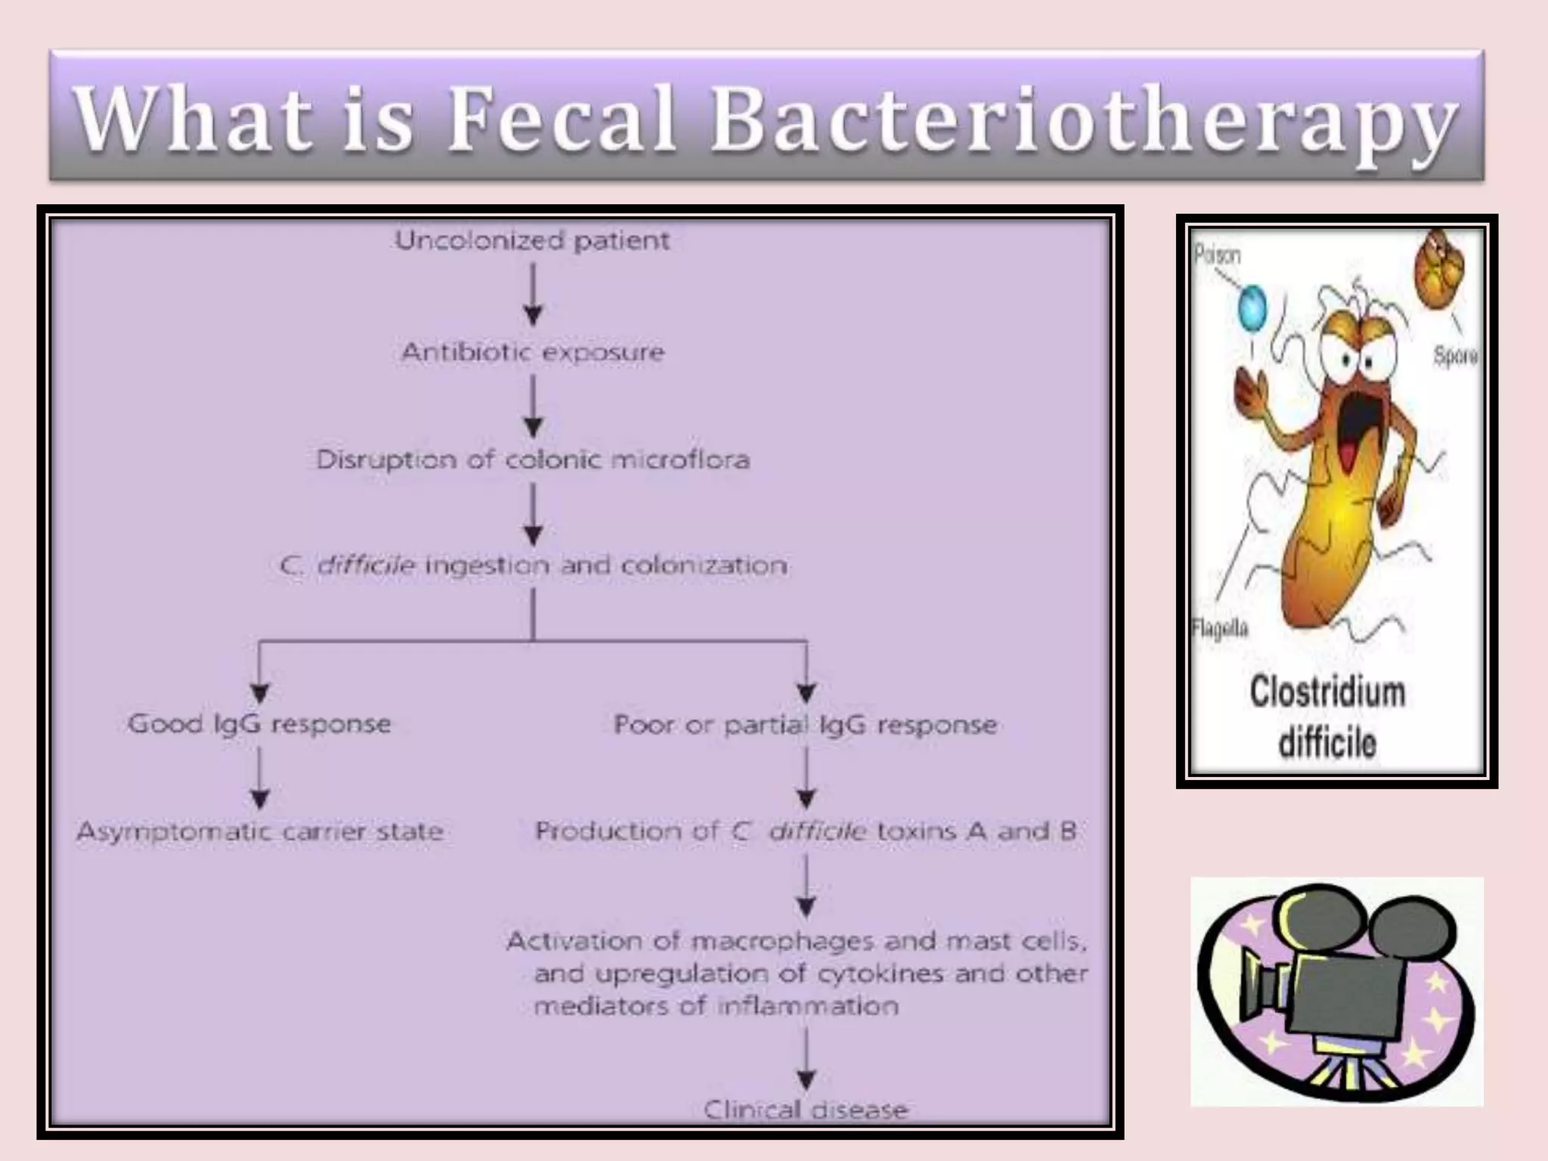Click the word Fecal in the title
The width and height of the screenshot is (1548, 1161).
(561, 119)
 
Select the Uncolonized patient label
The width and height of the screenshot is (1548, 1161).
(533, 240)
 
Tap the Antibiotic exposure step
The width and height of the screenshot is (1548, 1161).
(533, 351)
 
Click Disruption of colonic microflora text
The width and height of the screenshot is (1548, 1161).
(533, 460)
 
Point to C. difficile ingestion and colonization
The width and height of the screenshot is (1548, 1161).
(533, 565)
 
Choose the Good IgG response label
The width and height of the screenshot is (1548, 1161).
(259, 723)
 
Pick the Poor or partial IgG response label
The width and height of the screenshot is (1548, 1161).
(806, 725)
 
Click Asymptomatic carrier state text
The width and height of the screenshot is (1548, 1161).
(259, 831)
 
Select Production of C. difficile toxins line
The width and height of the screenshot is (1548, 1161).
(806, 831)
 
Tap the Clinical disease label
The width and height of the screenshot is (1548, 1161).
(806, 1110)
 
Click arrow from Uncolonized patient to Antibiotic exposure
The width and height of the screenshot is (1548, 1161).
(534, 295)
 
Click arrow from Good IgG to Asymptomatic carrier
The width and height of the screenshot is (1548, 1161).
(260, 779)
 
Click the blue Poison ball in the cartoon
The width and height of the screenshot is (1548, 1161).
(1251, 308)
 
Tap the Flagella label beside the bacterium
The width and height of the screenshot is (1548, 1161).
(1219, 628)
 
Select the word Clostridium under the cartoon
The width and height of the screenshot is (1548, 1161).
(1327, 692)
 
